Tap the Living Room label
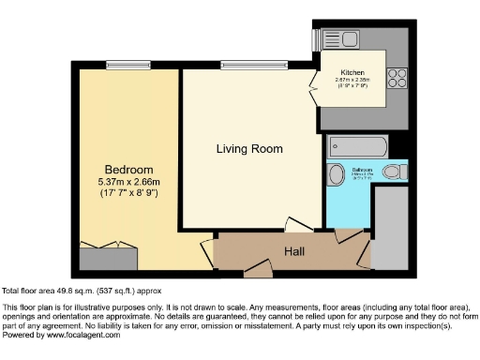click(x=248, y=149)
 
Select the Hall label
click(x=295, y=251)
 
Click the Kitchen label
click(x=352, y=72)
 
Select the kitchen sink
click(x=333, y=39)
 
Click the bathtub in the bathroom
click(x=358, y=147)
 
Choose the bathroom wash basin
click(x=337, y=176)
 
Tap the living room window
click(x=249, y=65)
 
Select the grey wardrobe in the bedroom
click(x=109, y=259)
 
